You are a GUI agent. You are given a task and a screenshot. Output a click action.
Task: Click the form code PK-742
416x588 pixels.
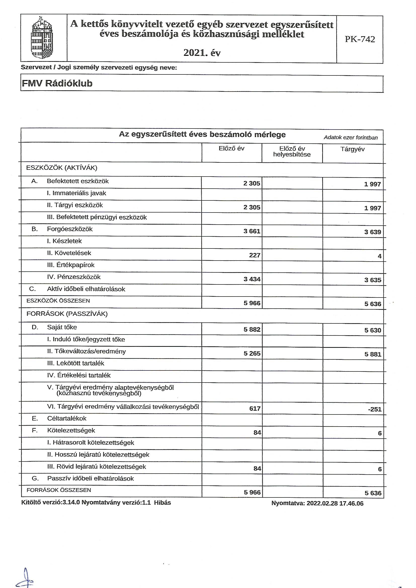tap(360, 39)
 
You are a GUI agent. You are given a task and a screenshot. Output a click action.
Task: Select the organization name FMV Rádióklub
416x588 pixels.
tap(57, 83)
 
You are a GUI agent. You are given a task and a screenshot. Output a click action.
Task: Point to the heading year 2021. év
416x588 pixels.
tap(202, 53)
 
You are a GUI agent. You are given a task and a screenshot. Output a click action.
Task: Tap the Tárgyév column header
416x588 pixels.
tap(352, 149)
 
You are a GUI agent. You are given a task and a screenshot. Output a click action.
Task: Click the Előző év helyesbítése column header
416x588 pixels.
tap(292, 152)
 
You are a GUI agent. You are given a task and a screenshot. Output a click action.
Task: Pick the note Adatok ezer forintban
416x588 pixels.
tap(350, 138)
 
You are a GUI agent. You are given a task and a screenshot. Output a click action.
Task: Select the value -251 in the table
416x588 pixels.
tap(375, 409)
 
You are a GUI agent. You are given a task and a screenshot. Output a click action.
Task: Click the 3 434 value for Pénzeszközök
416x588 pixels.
tap(252, 279)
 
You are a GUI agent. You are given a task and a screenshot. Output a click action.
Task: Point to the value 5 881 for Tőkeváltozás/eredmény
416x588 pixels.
tap(373, 354)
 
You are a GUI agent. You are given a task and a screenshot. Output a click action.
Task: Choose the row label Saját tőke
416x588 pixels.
tap(62, 327)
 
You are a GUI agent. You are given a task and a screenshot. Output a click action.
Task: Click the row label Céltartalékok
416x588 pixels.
tap(67, 418)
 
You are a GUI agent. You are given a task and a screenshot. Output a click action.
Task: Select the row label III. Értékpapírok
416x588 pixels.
tap(71, 265)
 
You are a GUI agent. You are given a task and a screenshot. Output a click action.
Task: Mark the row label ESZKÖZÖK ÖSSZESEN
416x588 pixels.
tap(58, 301)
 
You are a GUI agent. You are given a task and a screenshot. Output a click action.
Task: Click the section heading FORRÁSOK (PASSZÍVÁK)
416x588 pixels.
tap(67, 314)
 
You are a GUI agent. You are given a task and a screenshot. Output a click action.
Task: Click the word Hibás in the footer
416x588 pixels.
tap(162, 502)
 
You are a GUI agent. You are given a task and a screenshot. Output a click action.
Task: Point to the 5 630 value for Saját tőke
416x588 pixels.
tap(373, 330)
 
